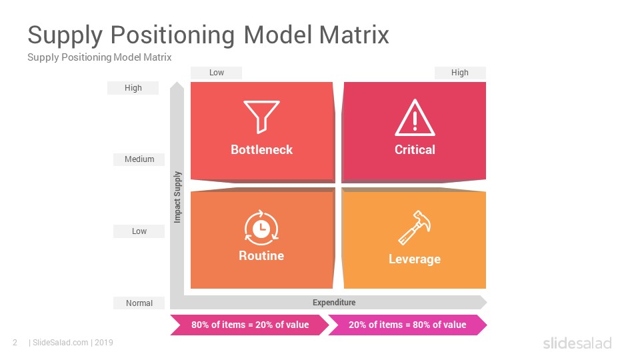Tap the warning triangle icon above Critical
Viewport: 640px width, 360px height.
(415, 118)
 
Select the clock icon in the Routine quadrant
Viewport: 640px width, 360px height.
(261, 228)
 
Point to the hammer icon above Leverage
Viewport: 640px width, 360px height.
(414, 227)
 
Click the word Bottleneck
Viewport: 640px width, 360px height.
(261, 150)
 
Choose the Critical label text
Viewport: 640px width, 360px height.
(415, 150)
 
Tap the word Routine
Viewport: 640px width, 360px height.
(261, 256)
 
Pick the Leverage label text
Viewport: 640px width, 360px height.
(415, 259)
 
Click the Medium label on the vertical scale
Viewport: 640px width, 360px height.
(139, 159)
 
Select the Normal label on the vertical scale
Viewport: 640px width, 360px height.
(139, 303)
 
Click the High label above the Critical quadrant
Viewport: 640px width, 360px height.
(460, 73)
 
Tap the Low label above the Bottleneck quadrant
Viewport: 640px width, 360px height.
(216, 73)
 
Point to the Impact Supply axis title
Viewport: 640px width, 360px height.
(177, 197)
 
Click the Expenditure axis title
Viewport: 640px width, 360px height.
(334, 303)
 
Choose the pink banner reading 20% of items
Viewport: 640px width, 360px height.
(407, 325)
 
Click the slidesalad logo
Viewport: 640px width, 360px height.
(577, 343)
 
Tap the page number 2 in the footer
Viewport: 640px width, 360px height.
(15, 343)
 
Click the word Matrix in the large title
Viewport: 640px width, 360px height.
(354, 35)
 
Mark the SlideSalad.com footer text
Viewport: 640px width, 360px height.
(60, 343)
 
